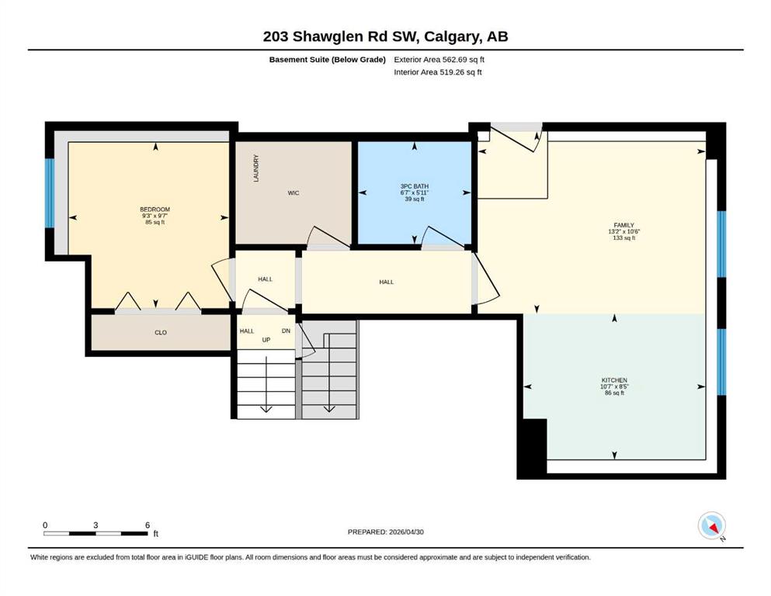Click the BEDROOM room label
(x=155, y=210)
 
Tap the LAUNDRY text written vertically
(x=256, y=168)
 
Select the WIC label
(x=293, y=193)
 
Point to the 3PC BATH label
(x=415, y=186)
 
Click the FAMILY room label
(x=624, y=225)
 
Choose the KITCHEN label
(x=614, y=380)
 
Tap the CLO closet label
(x=161, y=333)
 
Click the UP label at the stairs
(x=266, y=340)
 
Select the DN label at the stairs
(x=286, y=331)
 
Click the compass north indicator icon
(x=711, y=525)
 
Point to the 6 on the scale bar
(x=148, y=525)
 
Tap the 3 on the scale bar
(x=96, y=525)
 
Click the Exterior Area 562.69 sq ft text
(x=439, y=60)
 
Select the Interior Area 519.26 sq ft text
(x=438, y=72)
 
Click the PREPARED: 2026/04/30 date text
(x=385, y=532)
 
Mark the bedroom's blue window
(x=50, y=193)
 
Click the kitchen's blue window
(x=721, y=362)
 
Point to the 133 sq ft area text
(x=624, y=237)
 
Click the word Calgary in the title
(x=452, y=36)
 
